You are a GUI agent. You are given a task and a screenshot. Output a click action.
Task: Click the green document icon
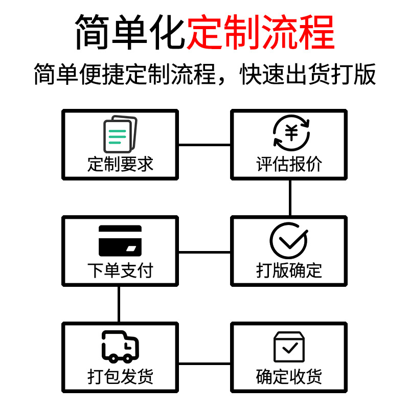click(120, 134)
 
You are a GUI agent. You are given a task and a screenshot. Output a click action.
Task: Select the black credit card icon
click(120, 241)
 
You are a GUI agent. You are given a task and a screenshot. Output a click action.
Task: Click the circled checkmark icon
click(289, 240)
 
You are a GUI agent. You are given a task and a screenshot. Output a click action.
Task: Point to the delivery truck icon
click(120, 347)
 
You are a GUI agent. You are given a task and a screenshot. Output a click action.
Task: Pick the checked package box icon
click(289, 347)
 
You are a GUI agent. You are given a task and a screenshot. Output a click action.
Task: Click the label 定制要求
click(120, 164)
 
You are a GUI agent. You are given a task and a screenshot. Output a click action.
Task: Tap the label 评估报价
click(289, 164)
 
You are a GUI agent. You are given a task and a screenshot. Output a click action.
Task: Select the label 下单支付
click(120, 270)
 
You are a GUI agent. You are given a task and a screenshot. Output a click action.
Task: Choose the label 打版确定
click(289, 270)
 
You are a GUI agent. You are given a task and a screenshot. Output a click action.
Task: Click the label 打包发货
click(120, 377)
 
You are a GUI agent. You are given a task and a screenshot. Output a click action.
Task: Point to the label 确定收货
click(289, 377)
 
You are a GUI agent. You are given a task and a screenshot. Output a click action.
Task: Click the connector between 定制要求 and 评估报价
click(204, 145)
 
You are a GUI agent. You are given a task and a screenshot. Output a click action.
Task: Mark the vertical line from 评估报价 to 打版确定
click(290, 198)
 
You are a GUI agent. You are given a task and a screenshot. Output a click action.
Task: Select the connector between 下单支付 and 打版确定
click(204, 252)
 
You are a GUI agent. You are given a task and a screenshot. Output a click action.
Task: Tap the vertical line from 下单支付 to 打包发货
click(120, 304)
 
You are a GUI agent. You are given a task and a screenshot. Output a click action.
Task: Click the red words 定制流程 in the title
click(261, 32)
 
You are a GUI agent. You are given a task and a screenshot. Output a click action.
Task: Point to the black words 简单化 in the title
click(130, 32)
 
